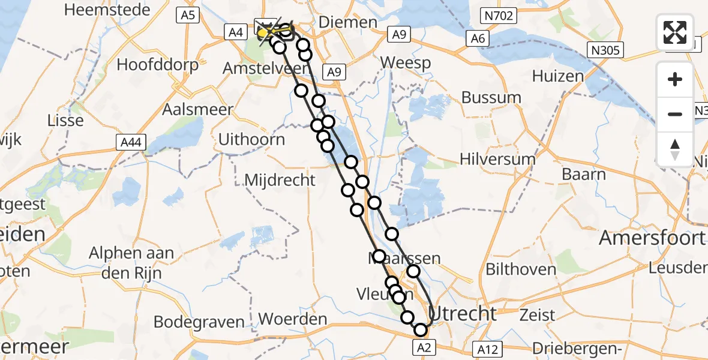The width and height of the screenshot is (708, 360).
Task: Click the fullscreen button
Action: [675, 32]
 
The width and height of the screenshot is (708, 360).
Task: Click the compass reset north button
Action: [675, 149]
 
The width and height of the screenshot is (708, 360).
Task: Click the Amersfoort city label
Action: [653, 238]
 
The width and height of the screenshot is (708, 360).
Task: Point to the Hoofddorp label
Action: [158, 64]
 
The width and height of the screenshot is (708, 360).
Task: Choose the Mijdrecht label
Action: [280, 179]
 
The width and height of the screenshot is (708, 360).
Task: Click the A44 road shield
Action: [131, 142]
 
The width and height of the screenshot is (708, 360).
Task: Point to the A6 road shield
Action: [478, 38]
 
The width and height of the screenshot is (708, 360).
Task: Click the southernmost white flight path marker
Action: [421, 329]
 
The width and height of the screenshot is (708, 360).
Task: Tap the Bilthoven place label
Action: [521, 269]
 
